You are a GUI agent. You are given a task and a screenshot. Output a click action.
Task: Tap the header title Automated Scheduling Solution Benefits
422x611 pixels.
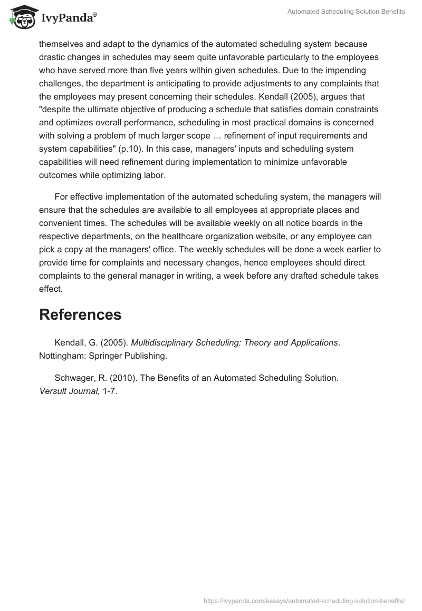(346, 12)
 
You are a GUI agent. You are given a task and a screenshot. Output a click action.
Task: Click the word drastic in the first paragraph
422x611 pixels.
(53, 57)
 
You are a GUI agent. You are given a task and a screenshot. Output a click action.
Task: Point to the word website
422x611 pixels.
(282, 236)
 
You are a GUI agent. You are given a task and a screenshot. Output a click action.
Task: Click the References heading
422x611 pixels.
(80, 314)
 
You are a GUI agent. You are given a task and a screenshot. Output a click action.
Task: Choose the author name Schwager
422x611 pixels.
(74, 378)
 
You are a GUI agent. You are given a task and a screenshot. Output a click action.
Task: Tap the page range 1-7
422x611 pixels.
(109, 391)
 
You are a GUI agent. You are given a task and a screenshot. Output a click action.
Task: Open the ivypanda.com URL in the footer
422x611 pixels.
(303, 600)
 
